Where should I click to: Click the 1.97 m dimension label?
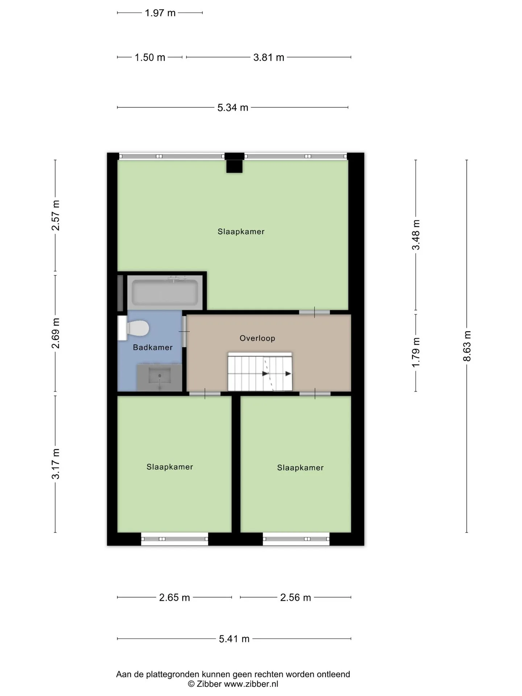(160, 13)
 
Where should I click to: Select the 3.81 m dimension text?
(269, 57)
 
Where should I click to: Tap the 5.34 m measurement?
(233, 108)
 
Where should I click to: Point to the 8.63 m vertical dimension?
(467, 346)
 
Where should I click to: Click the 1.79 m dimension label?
(416, 352)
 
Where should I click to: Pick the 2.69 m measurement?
(55, 333)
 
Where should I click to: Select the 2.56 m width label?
(295, 597)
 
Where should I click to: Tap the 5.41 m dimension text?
(234, 639)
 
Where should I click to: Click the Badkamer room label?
(153, 347)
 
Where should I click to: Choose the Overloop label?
(257, 338)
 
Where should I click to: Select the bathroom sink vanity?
(159, 378)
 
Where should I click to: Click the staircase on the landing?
(260, 372)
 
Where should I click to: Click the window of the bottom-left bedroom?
(175, 539)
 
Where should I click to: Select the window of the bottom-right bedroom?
(296, 539)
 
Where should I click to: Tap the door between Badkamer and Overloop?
(184, 331)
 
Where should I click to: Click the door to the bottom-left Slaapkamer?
(205, 394)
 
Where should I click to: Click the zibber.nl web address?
(251, 684)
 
